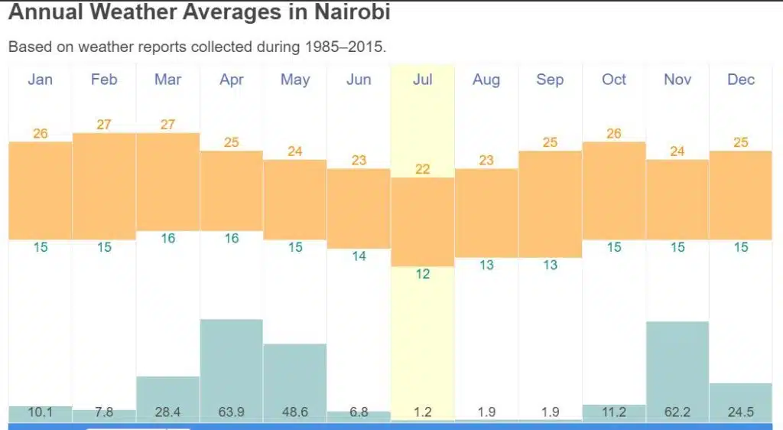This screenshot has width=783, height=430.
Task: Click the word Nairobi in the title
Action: pos(342,13)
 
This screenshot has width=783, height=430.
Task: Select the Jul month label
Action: pos(422,80)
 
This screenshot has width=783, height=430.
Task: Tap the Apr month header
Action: pos(231,80)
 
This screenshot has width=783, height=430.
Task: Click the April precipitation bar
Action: pos(231,360)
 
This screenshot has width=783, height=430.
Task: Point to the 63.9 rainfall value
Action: pos(231,412)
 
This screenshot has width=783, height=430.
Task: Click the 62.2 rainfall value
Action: pos(677,412)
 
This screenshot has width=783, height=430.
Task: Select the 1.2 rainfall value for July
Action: pos(422,412)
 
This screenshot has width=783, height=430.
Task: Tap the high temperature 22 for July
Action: pos(422,169)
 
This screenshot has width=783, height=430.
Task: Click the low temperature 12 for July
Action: pos(422,274)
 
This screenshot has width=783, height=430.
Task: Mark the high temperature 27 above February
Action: pos(104,125)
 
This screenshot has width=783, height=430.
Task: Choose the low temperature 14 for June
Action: pos(359,256)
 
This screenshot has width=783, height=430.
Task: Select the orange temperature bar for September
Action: pos(550,204)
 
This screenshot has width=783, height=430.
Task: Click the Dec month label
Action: pos(740,80)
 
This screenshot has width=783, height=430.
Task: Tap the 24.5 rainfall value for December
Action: pos(740,412)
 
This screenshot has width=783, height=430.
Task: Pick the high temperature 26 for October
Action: pos(613,134)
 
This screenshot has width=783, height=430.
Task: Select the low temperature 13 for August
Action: pos(486,265)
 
